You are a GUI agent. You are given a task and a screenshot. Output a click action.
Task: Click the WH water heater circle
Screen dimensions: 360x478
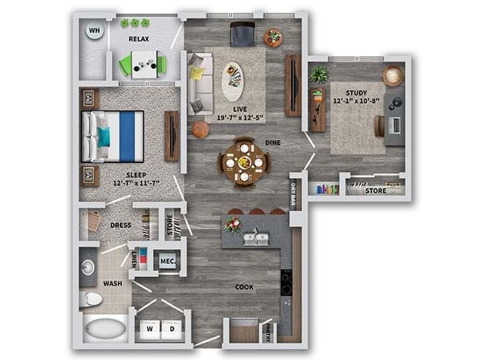click(x=95, y=31)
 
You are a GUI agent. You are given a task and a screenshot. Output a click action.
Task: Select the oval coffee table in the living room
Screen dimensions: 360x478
click(x=232, y=79)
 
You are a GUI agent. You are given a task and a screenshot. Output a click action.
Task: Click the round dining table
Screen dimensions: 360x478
click(x=243, y=160)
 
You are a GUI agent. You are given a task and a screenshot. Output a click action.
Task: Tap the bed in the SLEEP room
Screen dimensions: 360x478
click(x=113, y=137)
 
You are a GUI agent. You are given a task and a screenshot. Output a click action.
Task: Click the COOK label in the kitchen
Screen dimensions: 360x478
click(x=245, y=287)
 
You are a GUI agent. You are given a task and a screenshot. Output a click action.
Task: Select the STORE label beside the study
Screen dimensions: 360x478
click(x=375, y=191)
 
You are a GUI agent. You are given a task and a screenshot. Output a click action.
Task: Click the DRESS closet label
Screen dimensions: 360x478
click(x=120, y=226)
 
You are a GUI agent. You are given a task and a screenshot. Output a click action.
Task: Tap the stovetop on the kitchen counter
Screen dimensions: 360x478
click(x=286, y=280)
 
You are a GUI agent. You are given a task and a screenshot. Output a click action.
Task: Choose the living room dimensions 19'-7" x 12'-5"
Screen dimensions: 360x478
click(x=237, y=117)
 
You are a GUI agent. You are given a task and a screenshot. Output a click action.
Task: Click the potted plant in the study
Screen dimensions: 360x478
click(x=319, y=74)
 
